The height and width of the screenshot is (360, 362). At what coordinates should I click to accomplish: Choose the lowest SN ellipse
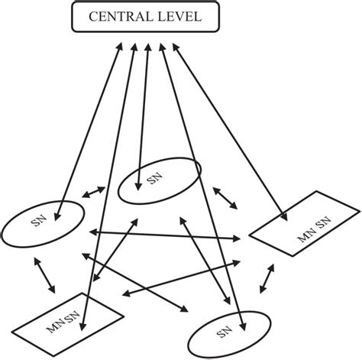229,331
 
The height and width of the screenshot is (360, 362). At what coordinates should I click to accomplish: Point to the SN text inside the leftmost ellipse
38,222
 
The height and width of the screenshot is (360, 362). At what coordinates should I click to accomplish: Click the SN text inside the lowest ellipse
224,331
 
